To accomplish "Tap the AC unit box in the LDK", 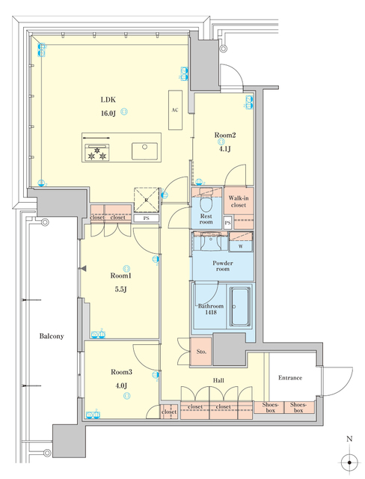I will point(175,109).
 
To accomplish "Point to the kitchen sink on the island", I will point(143,150).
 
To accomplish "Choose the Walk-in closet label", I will point(239,200).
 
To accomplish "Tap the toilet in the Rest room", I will point(206,201).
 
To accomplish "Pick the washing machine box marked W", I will point(240,245).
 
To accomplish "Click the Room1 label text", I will point(120,275).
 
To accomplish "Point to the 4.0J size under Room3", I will point(120,385).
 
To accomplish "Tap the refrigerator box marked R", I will point(144,198).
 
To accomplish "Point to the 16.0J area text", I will point(109,113).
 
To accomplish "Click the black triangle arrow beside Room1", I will point(84,268).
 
